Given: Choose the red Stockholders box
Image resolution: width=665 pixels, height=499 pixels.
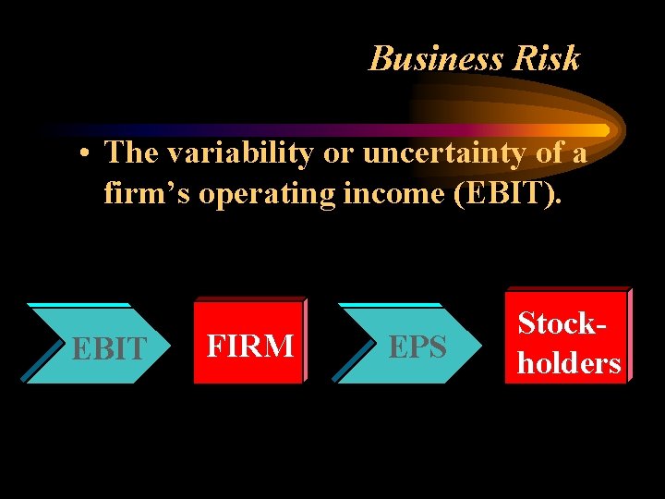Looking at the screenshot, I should click(x=568, y=335).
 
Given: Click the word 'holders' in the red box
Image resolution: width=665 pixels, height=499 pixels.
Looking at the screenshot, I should click(x=569, y=363).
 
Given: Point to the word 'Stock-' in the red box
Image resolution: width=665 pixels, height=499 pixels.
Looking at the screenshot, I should click(x=562, y=323).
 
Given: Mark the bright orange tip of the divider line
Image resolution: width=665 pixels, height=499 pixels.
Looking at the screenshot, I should click(x=600, y=130).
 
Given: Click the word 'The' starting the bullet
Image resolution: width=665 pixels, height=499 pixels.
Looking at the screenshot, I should click(x=130, y=152).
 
